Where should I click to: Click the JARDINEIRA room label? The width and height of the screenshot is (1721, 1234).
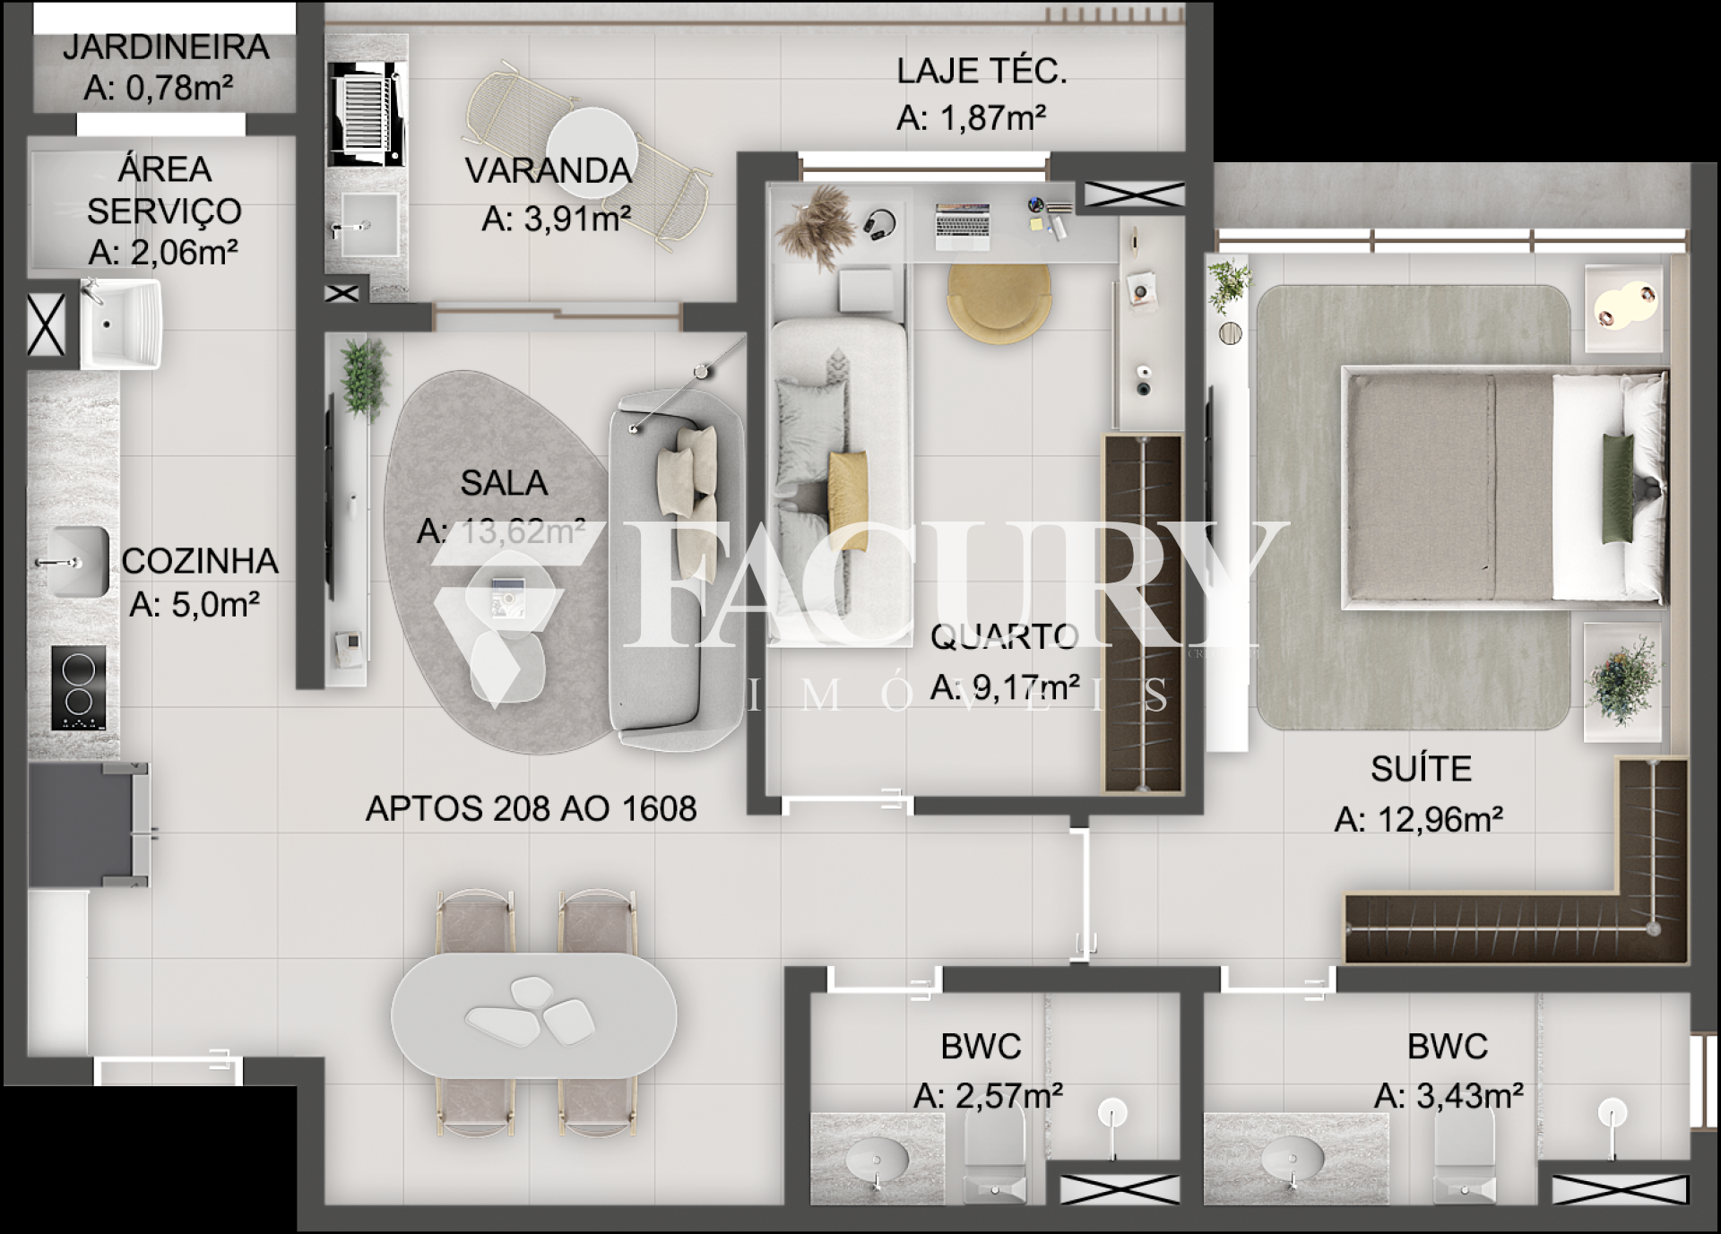(166, 47)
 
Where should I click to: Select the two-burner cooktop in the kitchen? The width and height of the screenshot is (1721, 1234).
(79, 688)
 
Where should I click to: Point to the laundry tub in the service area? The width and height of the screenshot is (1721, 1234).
(121, 324)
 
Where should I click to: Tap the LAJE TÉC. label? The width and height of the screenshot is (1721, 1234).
(982, 71)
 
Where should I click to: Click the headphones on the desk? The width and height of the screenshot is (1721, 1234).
(880, 224)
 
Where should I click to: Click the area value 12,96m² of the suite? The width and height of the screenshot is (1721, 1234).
(1419, 819)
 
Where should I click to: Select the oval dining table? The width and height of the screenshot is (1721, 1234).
(533, 1015)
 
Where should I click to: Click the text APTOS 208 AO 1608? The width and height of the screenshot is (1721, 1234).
(531, 808)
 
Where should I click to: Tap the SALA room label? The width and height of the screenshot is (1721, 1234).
(504, 483)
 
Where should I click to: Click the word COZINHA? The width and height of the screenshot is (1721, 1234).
(200, 561)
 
